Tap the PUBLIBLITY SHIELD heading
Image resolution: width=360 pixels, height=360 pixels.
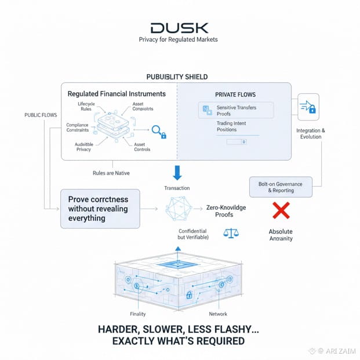point(177,77)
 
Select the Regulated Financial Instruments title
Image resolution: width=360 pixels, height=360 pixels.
point(117,94)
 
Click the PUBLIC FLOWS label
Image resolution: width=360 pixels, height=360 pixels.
point(41,115)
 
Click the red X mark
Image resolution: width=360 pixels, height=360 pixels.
point(281,209)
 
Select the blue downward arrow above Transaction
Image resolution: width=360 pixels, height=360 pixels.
point(177,172)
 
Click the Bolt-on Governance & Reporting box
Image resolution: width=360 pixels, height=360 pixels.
point(281,187)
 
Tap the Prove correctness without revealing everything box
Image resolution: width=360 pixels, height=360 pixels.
point(99,209)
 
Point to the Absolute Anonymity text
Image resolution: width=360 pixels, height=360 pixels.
point(281,235)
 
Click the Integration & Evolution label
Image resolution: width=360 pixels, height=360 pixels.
point(310,134)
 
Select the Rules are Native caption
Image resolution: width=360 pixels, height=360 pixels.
point(111,173)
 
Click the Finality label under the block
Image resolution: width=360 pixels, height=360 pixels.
point(139,314)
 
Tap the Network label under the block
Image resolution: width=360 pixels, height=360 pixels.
point(218,314)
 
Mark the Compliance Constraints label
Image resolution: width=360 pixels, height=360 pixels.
point(77,128)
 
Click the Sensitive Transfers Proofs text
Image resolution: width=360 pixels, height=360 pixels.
point(236,111)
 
